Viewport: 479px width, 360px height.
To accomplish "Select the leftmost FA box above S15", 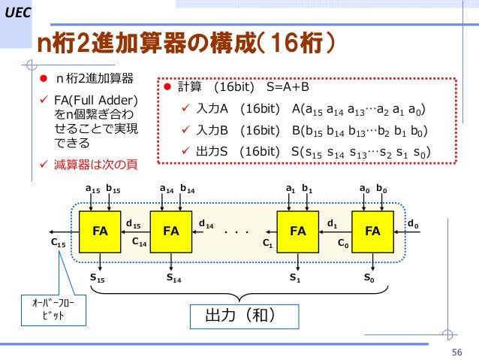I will tap(100, 231).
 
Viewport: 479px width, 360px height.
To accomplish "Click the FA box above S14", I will tap(171, 231).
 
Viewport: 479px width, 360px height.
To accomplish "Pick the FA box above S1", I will tap(298, 231).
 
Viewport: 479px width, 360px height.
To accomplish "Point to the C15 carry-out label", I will tap(58, 244).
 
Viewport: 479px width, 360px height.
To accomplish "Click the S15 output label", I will tap(98, 277).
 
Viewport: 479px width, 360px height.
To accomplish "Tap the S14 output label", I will tap(174, 277).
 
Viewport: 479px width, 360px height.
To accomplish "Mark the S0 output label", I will tap(369, 277).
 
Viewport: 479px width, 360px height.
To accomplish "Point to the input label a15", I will tap(92, 189).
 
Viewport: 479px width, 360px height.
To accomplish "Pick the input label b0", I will tap(382, 189).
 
